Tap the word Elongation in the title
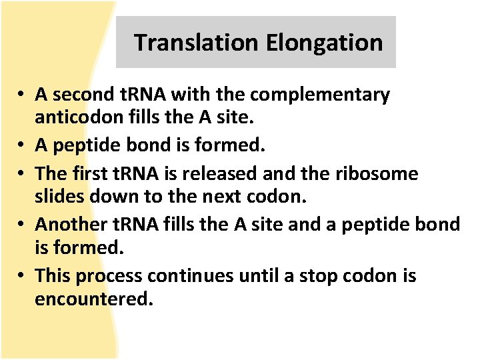pos(324,43)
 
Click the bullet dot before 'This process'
pos(22,276)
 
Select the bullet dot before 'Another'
pos(22,225)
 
